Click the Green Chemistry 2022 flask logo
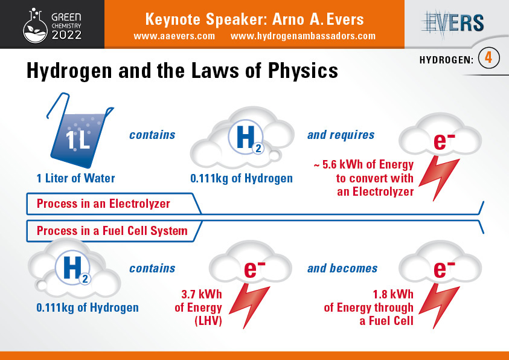click(x=35, y=26)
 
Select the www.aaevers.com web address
click(x=174, y=36)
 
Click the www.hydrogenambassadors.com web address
click(x=303, y=36)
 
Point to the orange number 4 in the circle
click(x=488, y=58)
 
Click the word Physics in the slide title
click(x=303, y=71)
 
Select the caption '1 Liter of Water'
click(x=75, y=178)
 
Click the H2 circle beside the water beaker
click(x=246, y=139)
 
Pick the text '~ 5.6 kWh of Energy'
click(x=363, y=164)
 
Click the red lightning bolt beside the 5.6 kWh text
click(x=439, y=178)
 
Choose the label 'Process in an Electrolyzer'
click(x=103, y=204)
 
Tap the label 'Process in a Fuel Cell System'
click(x=112, y=231)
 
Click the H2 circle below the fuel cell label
click(x=72, y=268)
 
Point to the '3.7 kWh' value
click(x=202, y=294)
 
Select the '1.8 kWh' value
click(x=393, y=294)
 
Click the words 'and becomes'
click(x=342, y=268)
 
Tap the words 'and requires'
click(x=341, y=135)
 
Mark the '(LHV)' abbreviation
click(x=208, y=321)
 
